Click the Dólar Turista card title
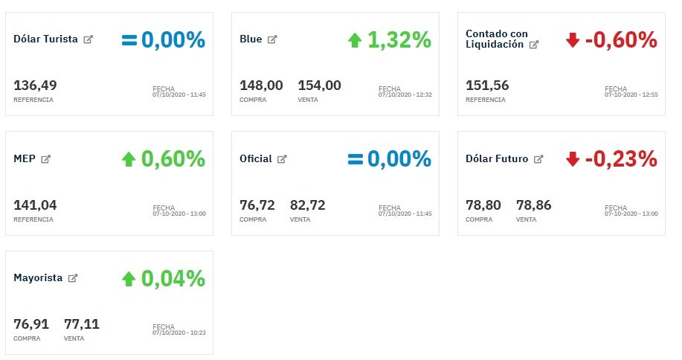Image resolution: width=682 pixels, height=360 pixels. pyautogui.click(x=45, y=39)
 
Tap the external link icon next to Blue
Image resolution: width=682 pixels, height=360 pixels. pyautogui.click(x=272, y=39)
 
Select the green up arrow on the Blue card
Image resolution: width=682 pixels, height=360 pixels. pyautogui.click(x=355, y=39)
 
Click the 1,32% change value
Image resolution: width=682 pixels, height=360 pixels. pyautogui.click(x=399, y=39)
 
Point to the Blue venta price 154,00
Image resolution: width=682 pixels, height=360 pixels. pyautogui.click(x=319, y=86)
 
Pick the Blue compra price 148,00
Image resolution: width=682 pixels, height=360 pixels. pyautogui.click(x=261, y=86)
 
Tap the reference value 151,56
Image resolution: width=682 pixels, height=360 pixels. pyautogui.click(x=487, y=86)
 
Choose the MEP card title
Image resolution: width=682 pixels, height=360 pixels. pyautogui.click(x=25, y=158)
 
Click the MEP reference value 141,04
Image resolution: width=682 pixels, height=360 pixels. pyautogui.click(x=35, y=205)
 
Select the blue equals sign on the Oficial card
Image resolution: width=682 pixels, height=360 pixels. pyautogui.click(x=355, y=158)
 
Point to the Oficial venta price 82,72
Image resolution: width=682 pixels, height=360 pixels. pyautogui.click(x=307, y=205)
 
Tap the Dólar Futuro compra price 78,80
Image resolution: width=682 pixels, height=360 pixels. pyautogui.click(x=483, y=205)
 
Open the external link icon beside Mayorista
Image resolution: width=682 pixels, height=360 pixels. pyautogui.click(x=73, y=278)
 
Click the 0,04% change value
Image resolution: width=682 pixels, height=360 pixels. pyautogui.click(x=173, y=278)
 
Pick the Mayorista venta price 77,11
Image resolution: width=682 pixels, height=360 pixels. pyautogui.click(x=82, y=324)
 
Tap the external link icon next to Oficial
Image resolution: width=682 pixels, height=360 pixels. pyautogui.click(x=282, y=159)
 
